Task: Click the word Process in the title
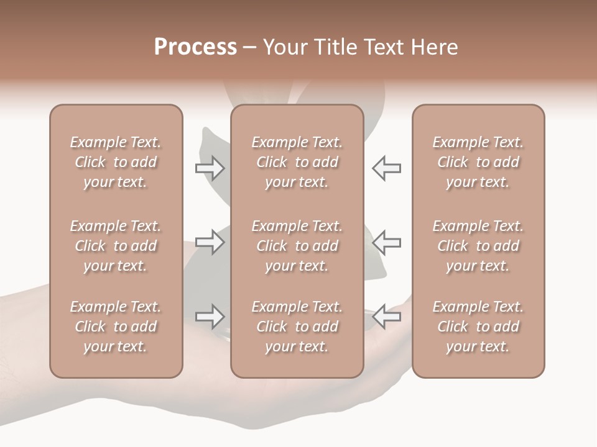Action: click(195, 47)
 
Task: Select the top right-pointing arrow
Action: click(210, 168)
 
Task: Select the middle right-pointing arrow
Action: click(210, 242)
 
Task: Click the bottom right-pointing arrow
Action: click(210, 317)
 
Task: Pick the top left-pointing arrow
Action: click(386, 168)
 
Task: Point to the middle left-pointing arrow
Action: click(386, 242)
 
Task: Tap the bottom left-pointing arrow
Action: click(386, 317)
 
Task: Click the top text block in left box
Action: click(116, 162)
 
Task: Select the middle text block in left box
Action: click(116, 246)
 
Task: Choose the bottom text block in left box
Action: click(116, 327)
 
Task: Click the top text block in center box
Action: click(297, 162)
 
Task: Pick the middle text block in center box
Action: click(297, 246)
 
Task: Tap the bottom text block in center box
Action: click(297, 327)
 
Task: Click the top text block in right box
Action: click(478, 162)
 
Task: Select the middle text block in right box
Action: click(478, 246)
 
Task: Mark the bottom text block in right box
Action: click(478, 327)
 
